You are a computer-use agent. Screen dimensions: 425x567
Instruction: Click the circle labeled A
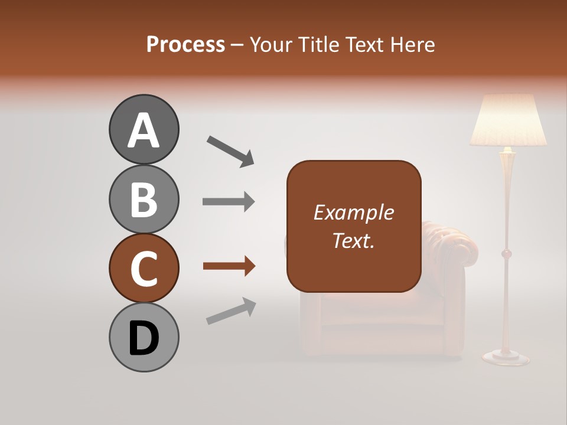tap(144, 129)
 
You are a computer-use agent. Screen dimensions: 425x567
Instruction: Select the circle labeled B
tap(144, 199)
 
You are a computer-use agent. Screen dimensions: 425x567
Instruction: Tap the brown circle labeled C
tap(144, 268)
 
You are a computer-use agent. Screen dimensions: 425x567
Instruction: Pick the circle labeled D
tap(144, 337)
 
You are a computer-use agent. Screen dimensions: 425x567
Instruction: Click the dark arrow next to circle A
tap(230, 151)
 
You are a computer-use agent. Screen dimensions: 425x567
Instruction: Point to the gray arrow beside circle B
tap(229, 202)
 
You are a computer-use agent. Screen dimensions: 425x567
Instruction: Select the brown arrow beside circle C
tap(229, 267)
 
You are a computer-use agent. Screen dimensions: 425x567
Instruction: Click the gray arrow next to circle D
tap(231, 311)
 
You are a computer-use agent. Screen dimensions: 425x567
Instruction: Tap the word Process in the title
tap(185, 44)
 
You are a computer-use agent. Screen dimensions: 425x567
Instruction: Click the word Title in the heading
tap(317, 44)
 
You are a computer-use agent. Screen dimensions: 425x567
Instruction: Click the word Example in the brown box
tap(353, 212)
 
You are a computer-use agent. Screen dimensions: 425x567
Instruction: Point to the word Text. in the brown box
tap(353, 240)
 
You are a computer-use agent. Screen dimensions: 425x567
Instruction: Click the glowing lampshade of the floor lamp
tap(508, 121)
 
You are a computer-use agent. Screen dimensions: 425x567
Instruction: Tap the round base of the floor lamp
tap(506, 357)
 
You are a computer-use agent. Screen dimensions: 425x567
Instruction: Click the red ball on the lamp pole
tap(506, 254)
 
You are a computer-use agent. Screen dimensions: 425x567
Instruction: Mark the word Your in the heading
tap(272, 44)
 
